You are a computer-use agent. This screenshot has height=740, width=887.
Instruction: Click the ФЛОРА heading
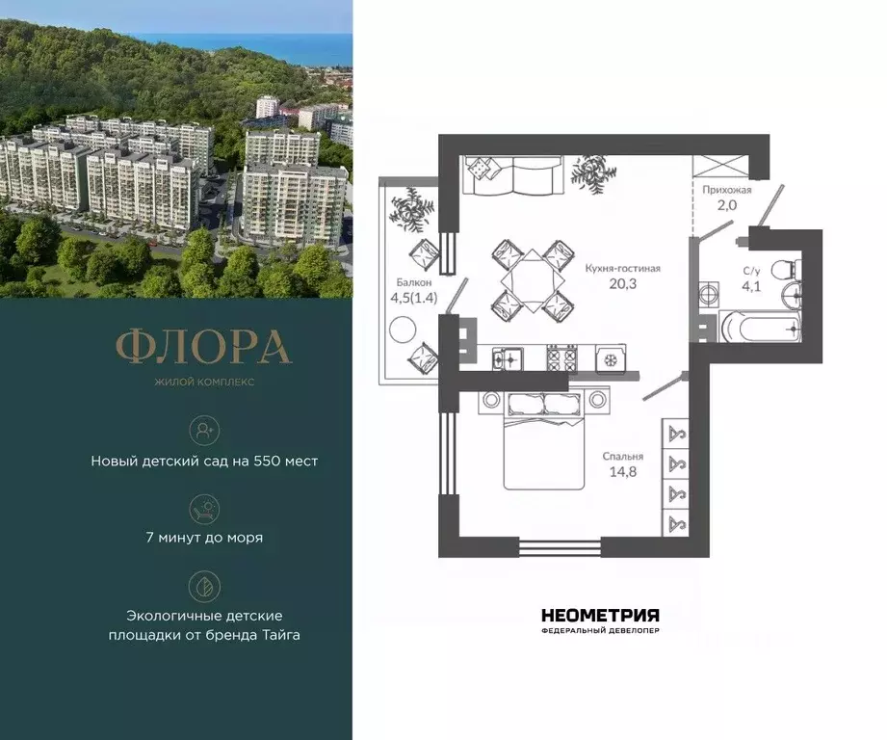coord(203,347)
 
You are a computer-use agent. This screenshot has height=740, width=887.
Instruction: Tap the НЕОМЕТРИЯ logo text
coord(600,615)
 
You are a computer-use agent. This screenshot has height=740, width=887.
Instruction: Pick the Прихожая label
coord(726,190)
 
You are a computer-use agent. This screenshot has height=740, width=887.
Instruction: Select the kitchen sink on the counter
coord(506,358)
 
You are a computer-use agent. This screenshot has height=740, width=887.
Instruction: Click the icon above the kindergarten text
coord(204,429)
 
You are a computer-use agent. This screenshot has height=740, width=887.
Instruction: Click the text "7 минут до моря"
coord(204,538)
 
